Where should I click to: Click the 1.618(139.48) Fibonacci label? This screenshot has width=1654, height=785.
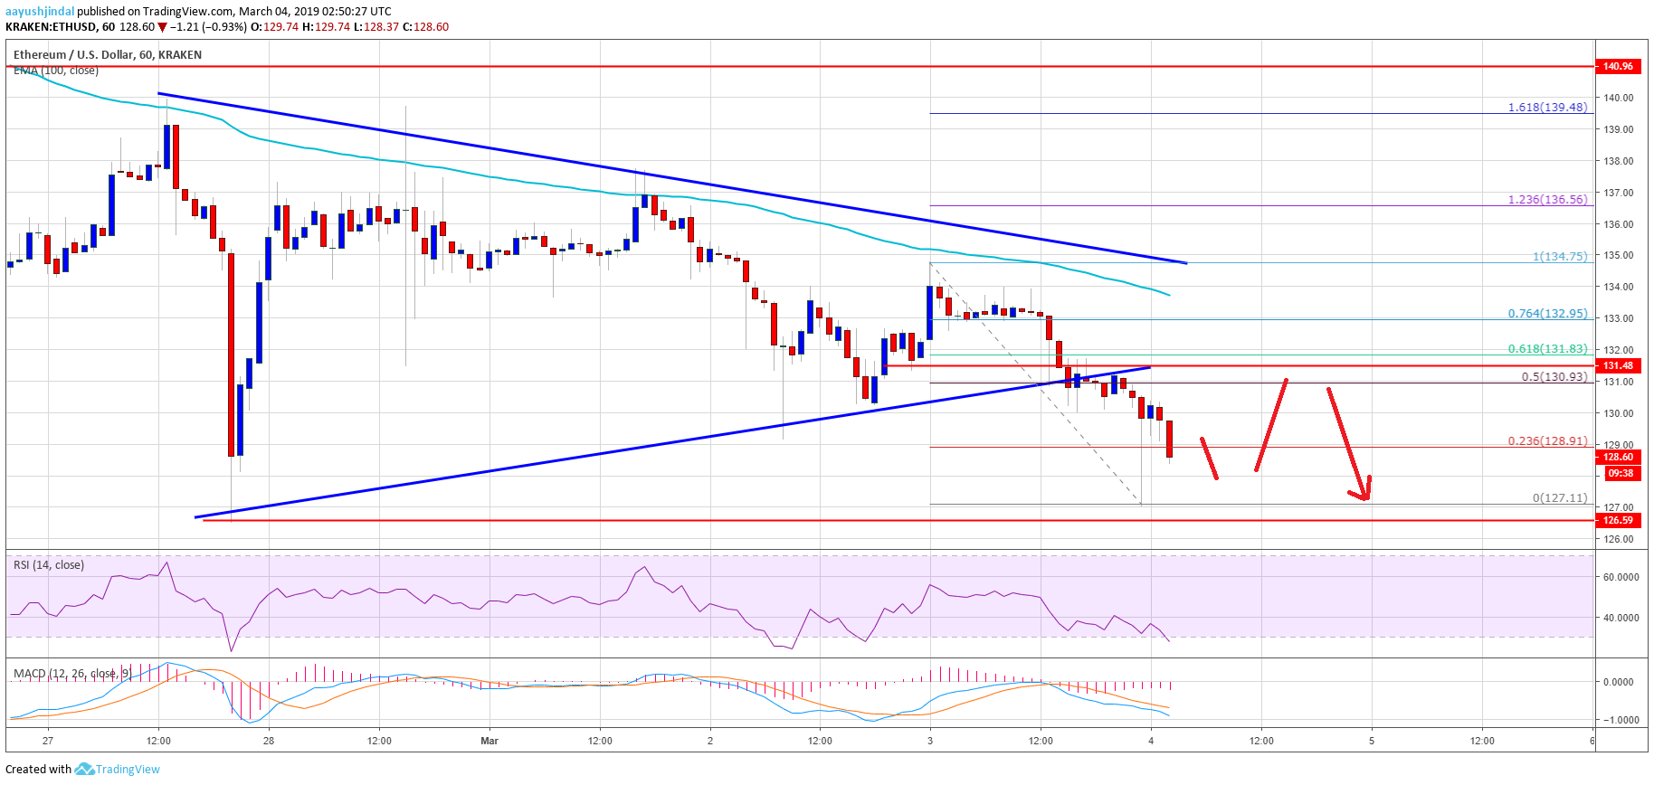coord(1547,108)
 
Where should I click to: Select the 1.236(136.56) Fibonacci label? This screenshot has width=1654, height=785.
coord(1547,200)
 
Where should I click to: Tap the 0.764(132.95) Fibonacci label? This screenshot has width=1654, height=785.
coord(1547,314)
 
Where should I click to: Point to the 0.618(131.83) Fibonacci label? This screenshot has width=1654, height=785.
coord(1547,349)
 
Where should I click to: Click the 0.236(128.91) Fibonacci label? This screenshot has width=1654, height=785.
coord(1547,441)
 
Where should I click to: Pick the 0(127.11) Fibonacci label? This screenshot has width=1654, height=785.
coord(1559,498)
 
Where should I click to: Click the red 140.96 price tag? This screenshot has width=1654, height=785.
coord(1618,66)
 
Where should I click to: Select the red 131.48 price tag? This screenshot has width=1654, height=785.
coord(1618,365)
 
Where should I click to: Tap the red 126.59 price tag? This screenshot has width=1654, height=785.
coord(1618,520)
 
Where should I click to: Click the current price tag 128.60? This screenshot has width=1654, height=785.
coord(1618,458)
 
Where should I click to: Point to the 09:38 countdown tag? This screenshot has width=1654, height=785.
coord(1620,473)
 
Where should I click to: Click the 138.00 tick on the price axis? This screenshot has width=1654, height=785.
coord(1618,161)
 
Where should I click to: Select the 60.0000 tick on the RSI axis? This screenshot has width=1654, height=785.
coord(1620,577)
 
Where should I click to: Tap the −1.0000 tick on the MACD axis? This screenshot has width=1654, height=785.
coord(1618,720)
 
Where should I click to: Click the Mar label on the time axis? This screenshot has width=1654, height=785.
coord(490,741)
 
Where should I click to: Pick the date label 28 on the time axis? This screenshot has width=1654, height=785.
coord(269,741)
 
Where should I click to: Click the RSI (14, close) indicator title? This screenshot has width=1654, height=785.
coord(49,565)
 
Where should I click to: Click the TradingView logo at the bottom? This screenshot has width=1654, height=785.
coord(118,770)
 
